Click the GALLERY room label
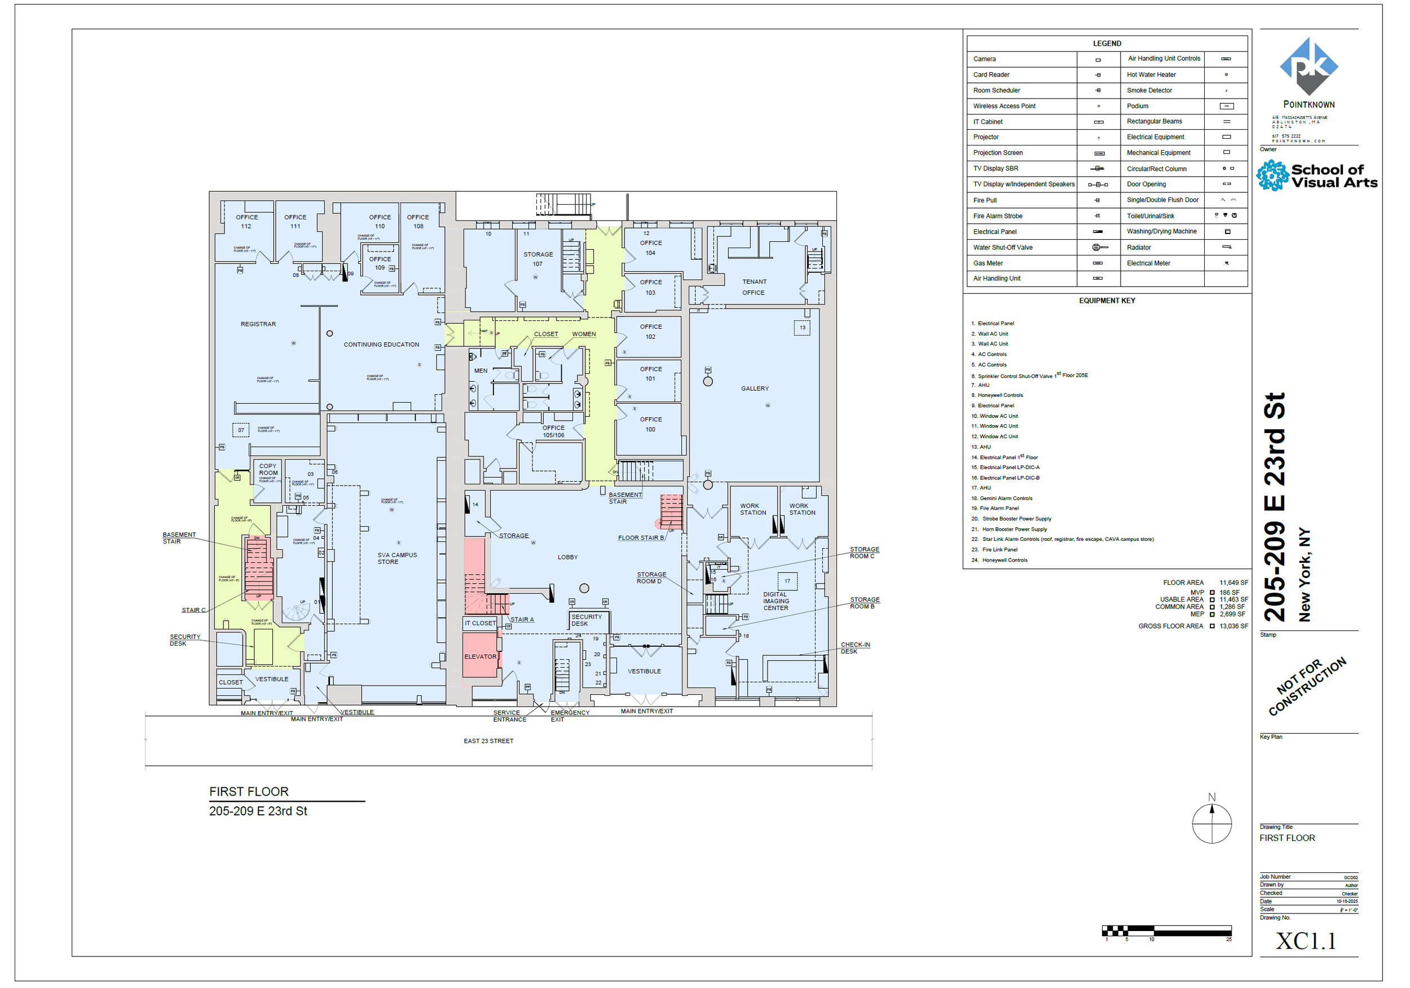[755, 389]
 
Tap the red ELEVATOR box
[480, 656]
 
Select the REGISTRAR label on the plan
[258, 324]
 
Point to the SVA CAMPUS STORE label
[396, 558]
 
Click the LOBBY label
[567, 558]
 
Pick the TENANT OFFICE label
[754, 288]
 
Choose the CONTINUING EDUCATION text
[381, 345]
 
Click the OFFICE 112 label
[246, 222]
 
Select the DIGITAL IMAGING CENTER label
[775, 601]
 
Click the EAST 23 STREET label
[488, 741]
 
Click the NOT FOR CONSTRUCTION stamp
[1307, 686]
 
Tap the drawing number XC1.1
[1306, 940]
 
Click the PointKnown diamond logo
[1308, 67]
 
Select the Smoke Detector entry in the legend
[1149, 90]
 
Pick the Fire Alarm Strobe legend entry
[997, 216]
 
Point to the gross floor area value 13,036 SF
[1233, 627]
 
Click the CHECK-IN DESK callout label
[855, 648]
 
